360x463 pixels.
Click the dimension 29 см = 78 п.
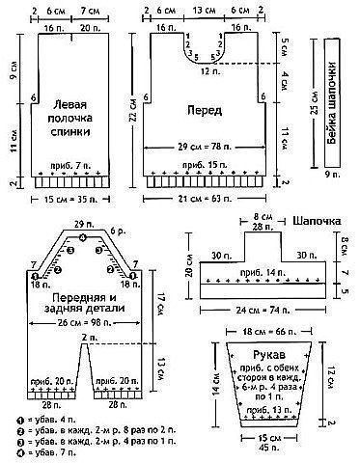(x=204, y=146)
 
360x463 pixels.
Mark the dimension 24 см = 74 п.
(x=259, y=312)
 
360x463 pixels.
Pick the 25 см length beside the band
(x=316, y=107)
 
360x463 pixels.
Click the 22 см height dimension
(x=133, y=109)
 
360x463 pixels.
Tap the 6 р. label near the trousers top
(x=118, y=232)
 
